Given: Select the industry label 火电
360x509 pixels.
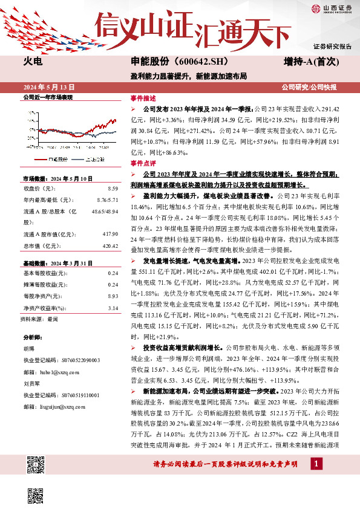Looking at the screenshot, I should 32,62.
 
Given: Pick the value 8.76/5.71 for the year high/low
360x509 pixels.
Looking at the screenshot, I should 106,199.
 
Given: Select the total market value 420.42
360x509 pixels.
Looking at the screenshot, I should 108,246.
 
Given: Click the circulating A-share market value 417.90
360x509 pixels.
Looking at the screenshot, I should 108,234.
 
